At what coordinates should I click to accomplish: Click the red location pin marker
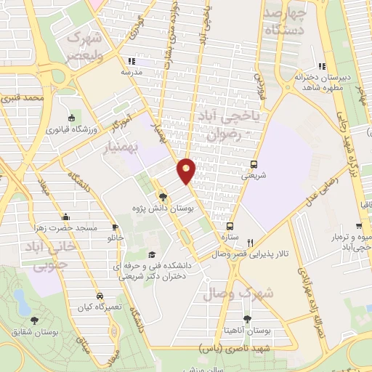coord(187,170)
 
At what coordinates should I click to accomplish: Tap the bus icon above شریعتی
coord(254,164)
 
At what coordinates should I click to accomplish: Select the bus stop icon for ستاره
coord(230,226)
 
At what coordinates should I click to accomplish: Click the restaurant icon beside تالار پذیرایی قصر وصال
coord(251,243)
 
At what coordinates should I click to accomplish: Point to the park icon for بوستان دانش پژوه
coord(163,196)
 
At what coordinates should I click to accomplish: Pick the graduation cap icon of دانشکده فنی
coord(152,254)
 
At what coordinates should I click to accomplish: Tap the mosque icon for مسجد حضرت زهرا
coord(66,217)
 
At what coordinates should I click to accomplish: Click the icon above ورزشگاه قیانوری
coord(70,118)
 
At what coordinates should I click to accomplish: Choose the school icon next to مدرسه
coord(130,61)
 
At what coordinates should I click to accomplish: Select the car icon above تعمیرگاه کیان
coord(100,296)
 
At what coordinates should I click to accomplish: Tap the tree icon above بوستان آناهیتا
coord(248,318)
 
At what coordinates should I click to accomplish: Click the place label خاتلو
coord(117,238)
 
